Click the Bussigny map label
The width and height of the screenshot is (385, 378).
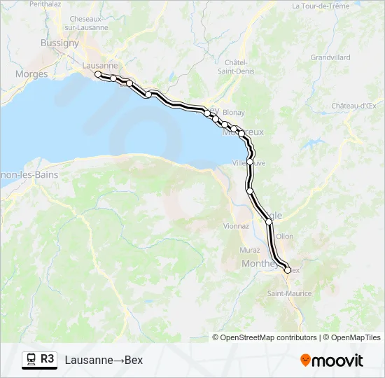(x=59, y=43)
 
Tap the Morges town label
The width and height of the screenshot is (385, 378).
(x=31, y=73)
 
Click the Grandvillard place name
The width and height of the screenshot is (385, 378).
(x=330, y=57)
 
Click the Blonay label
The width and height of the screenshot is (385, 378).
(x=233, y=112)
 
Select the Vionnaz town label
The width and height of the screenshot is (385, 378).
(x=236, y=226)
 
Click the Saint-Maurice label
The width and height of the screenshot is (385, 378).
(x=288, y=293)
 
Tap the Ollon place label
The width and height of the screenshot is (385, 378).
(x=285, y=237)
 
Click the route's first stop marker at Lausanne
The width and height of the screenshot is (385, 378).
(x=98, y=74)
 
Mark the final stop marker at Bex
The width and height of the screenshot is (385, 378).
(x=287, y=269)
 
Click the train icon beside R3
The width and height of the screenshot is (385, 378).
(x=31, y=359)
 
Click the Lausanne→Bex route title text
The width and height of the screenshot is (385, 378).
(x=104, y=360)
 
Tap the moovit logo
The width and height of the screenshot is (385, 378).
(x=332, y=360)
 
